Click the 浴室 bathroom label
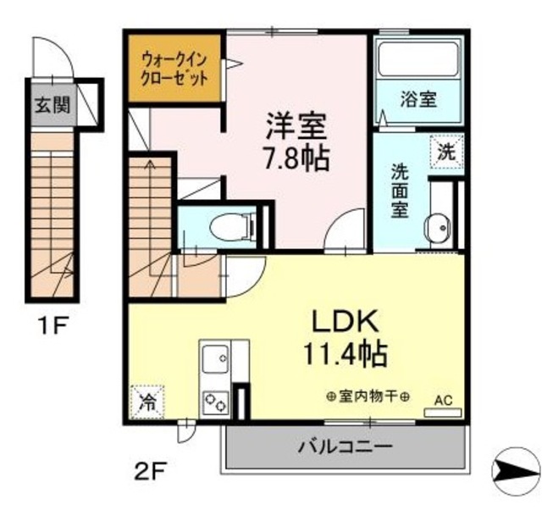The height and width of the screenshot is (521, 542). click(418, 99)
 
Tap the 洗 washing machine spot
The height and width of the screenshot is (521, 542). click(446, 152)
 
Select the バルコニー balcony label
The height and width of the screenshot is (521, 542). click(345, 446)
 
